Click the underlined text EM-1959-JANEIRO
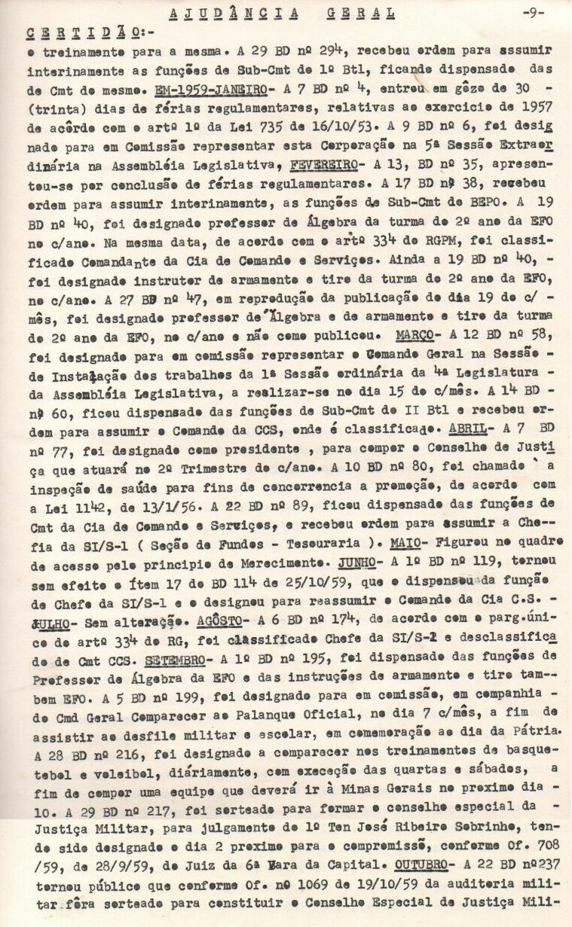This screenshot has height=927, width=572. pyautogui.click(x=213, y=89)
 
